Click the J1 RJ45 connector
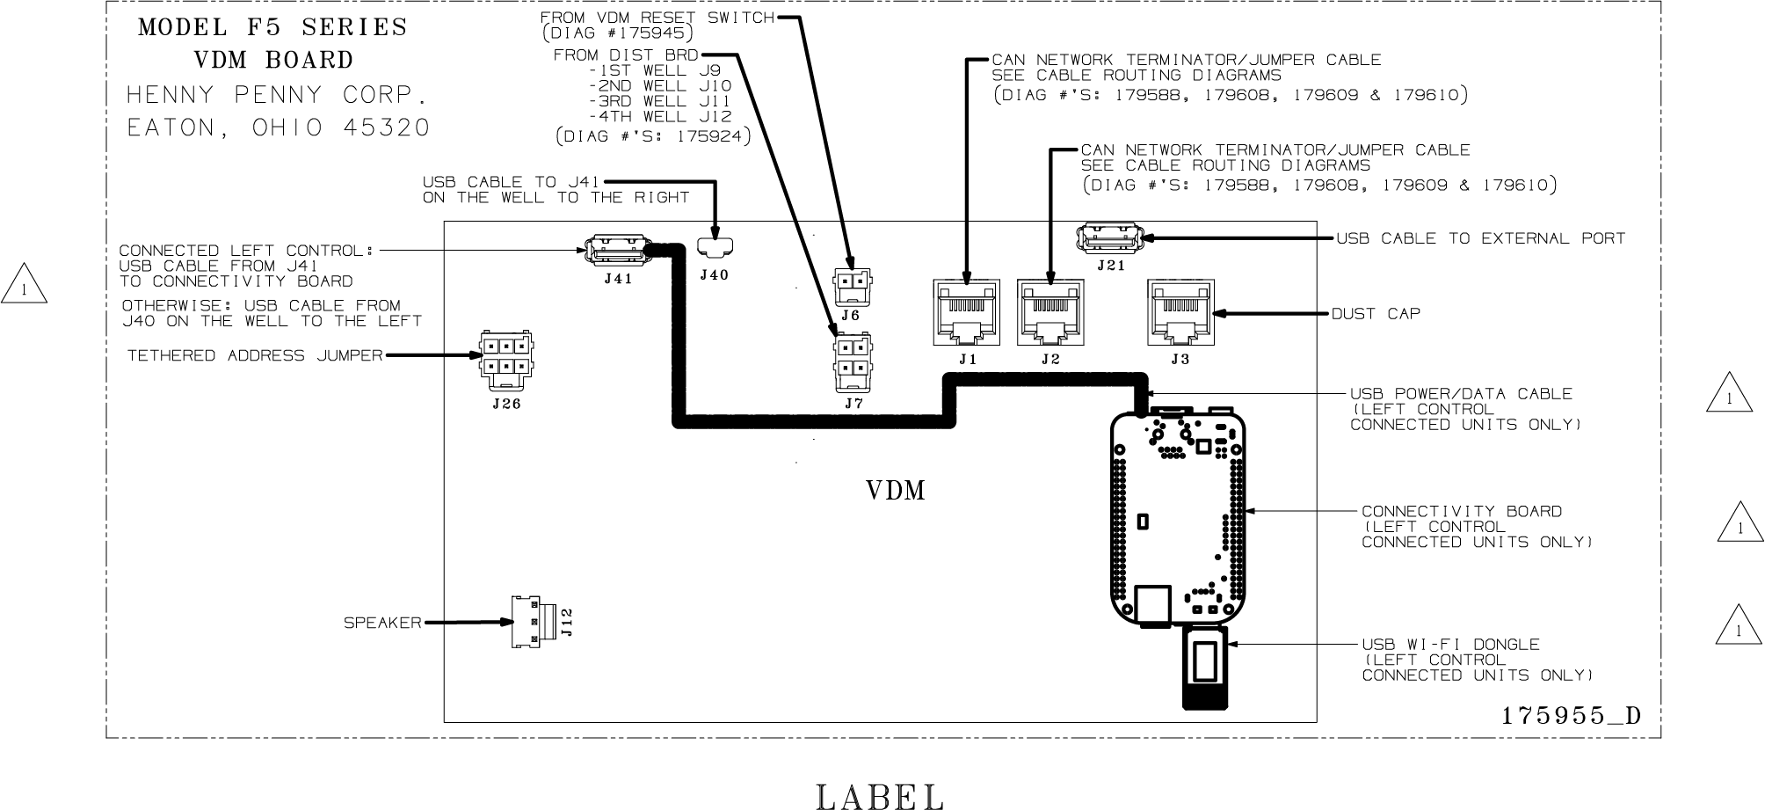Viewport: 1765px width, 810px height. click(x=966, y=313)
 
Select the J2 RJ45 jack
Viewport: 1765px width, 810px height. click(x=1050, y=313)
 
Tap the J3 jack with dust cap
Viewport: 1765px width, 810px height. click(x=1180, y=313)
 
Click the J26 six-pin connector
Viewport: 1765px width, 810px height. click(x=506, y=359)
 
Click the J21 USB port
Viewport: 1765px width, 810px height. click(x=1108, y=238)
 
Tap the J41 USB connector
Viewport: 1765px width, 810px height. click(x=616, y=251)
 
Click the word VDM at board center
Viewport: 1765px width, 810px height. click(x=896, y=490)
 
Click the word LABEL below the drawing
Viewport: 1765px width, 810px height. click(x=879, y=796)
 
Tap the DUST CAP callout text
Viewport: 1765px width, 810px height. click(x=1376, y=314)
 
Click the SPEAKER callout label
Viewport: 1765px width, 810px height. click(x=382, y=623)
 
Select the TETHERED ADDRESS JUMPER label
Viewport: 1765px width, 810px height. click(x=255, y=356)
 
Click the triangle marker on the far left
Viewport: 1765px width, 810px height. click(x=24, y=286)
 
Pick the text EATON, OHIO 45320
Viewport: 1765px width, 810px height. click(x=279, y=128)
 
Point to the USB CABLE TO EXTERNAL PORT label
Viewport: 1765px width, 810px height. click(x=1481, y=238)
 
